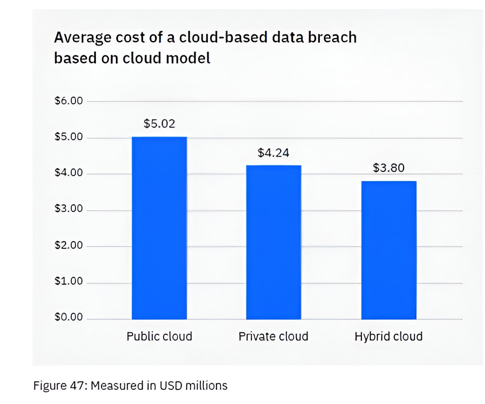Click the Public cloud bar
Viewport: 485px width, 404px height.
click(159, 228)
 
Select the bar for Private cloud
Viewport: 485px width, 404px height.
click(274, 242)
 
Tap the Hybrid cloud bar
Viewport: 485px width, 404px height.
click(389, 250)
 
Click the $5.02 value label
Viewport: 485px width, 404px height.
click(159, 123)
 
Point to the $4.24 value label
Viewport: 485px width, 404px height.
click(274, 152)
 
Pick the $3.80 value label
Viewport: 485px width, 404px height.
click(389, 168)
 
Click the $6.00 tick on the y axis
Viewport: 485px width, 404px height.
click(69, 101)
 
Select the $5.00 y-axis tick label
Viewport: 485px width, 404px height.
click(69, 138)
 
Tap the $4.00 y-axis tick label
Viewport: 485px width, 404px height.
click(69, 174)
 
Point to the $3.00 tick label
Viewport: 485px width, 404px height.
click(69, 210)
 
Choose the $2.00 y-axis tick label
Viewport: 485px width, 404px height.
click(69, 246)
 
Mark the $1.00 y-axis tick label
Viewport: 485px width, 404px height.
click(69, 282)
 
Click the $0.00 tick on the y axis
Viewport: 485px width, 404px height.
click(69, 318)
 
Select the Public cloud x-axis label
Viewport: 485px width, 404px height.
click(159, 337)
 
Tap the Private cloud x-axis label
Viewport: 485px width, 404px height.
click(274, 337)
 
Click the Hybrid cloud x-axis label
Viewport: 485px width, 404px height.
click(389, 337)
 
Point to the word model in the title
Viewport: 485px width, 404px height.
click(187, 58)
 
